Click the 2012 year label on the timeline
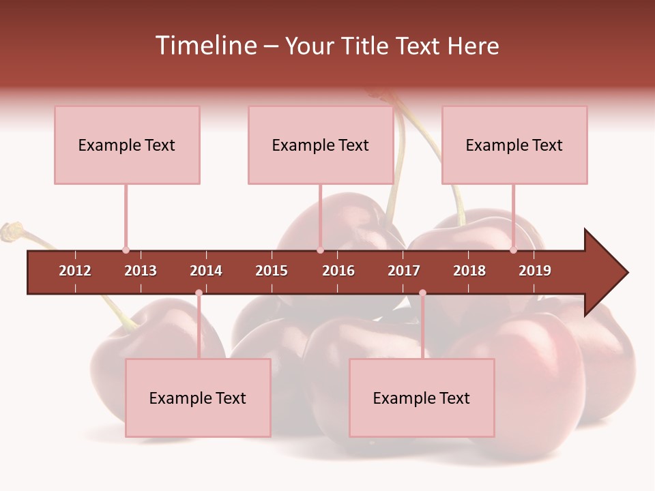click(x=75, y=271)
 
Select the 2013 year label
click(x=141, y=271)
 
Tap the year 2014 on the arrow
click(x=206, y=271)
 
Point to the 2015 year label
click(x=272, y=271)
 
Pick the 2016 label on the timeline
click(x=338, y=271)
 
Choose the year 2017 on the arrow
click(x=404, y=271)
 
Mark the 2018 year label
click(x=469, y=271)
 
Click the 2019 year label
click(x=535, y=271)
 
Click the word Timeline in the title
click(x=205, y=46)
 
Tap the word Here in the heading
click(x=473, y=46)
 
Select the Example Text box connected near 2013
click(x=127, y=145)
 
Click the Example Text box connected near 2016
click(x=321, y=145)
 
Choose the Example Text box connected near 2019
click(x=514, y=145)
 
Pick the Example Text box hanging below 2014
click(x=198, y=398)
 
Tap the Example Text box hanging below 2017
click(x=422, y=398)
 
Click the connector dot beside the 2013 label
click(x=126, y=250)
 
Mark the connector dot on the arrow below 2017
click(x=422, y=293)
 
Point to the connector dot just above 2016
click(x=320, y=250)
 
